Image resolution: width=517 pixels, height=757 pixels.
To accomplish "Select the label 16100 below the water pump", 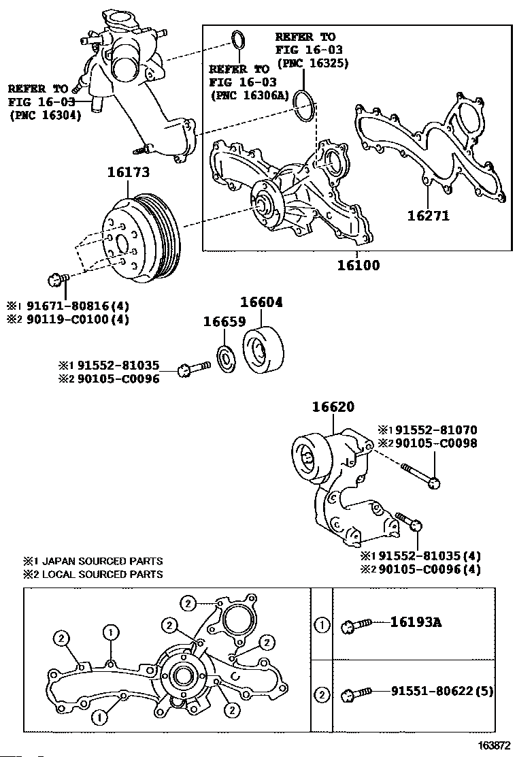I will (358, 265).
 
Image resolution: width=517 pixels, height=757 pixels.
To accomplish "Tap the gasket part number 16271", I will (429, 216).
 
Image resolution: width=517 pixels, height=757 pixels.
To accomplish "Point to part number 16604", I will (261, 302).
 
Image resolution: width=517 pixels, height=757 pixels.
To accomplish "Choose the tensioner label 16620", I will (333, 408).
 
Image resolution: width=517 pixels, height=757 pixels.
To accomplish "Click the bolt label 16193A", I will (416, 622).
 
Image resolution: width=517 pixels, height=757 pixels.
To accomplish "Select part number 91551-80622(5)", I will (442, 692).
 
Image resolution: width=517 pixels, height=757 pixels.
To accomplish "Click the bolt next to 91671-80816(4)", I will (56, 280).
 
